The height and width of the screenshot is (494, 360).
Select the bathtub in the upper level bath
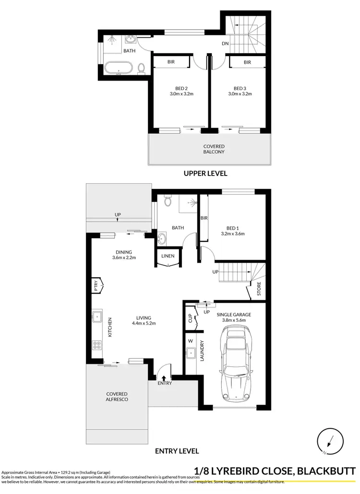pyautogui.click(x=118, y=68)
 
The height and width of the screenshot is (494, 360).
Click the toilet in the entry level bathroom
pyautogui.click(x=167, y=200)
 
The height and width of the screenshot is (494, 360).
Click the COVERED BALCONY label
pyautogui.click(x=214, y=149)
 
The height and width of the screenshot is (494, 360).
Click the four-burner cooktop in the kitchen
pyautogui.click(x=96, y=345)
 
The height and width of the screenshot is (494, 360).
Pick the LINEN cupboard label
pyautogui.click(x=168, y=257)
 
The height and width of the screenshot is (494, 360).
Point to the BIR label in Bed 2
pyautogui.click(x=170, y=62)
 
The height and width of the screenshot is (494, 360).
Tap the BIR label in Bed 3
pyautogui.click(x=247, y=62)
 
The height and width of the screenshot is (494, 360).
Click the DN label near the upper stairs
pyautogui.click(x=225, y=44)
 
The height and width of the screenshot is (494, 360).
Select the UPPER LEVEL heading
pyautogui.click(x=205, y=173)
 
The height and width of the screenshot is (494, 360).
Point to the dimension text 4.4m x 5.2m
pyautogui.click(x=144, y=323)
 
